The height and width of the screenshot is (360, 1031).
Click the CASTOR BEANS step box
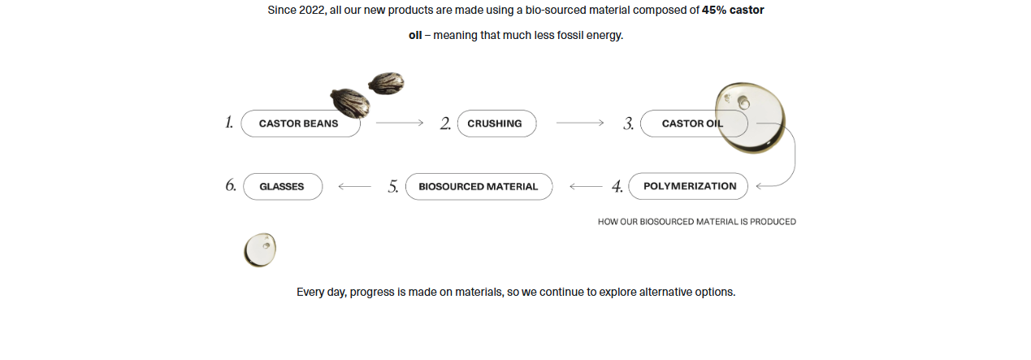(299, 124)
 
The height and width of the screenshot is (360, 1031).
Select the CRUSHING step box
(496, 124)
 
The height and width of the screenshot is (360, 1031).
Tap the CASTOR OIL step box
(691, 124)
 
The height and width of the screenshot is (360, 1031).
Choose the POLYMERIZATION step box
(689, 186)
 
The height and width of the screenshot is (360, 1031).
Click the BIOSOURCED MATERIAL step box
(479, 186)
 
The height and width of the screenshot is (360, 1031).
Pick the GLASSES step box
(282, 186)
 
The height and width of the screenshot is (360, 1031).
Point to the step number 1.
(229, 123)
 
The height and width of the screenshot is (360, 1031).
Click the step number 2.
(445, 124)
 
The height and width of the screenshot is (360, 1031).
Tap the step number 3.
(628, 124)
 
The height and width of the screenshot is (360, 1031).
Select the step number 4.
(617, 187)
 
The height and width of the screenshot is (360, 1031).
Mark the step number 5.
(393, 187)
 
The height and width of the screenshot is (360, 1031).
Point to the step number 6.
(231, 185)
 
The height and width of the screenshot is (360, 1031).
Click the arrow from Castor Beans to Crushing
(400, 123)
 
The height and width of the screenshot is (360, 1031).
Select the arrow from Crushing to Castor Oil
(579, 123)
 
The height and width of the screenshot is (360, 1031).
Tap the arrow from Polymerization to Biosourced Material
(586, 186)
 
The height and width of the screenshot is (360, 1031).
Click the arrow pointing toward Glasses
(354, 186)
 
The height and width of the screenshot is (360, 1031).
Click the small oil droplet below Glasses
(260, 249)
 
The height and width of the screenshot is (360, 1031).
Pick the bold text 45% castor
(733, 11)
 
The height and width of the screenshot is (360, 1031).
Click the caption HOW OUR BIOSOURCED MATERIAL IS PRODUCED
(696, 221)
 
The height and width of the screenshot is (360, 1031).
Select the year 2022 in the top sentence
(313, 11)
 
